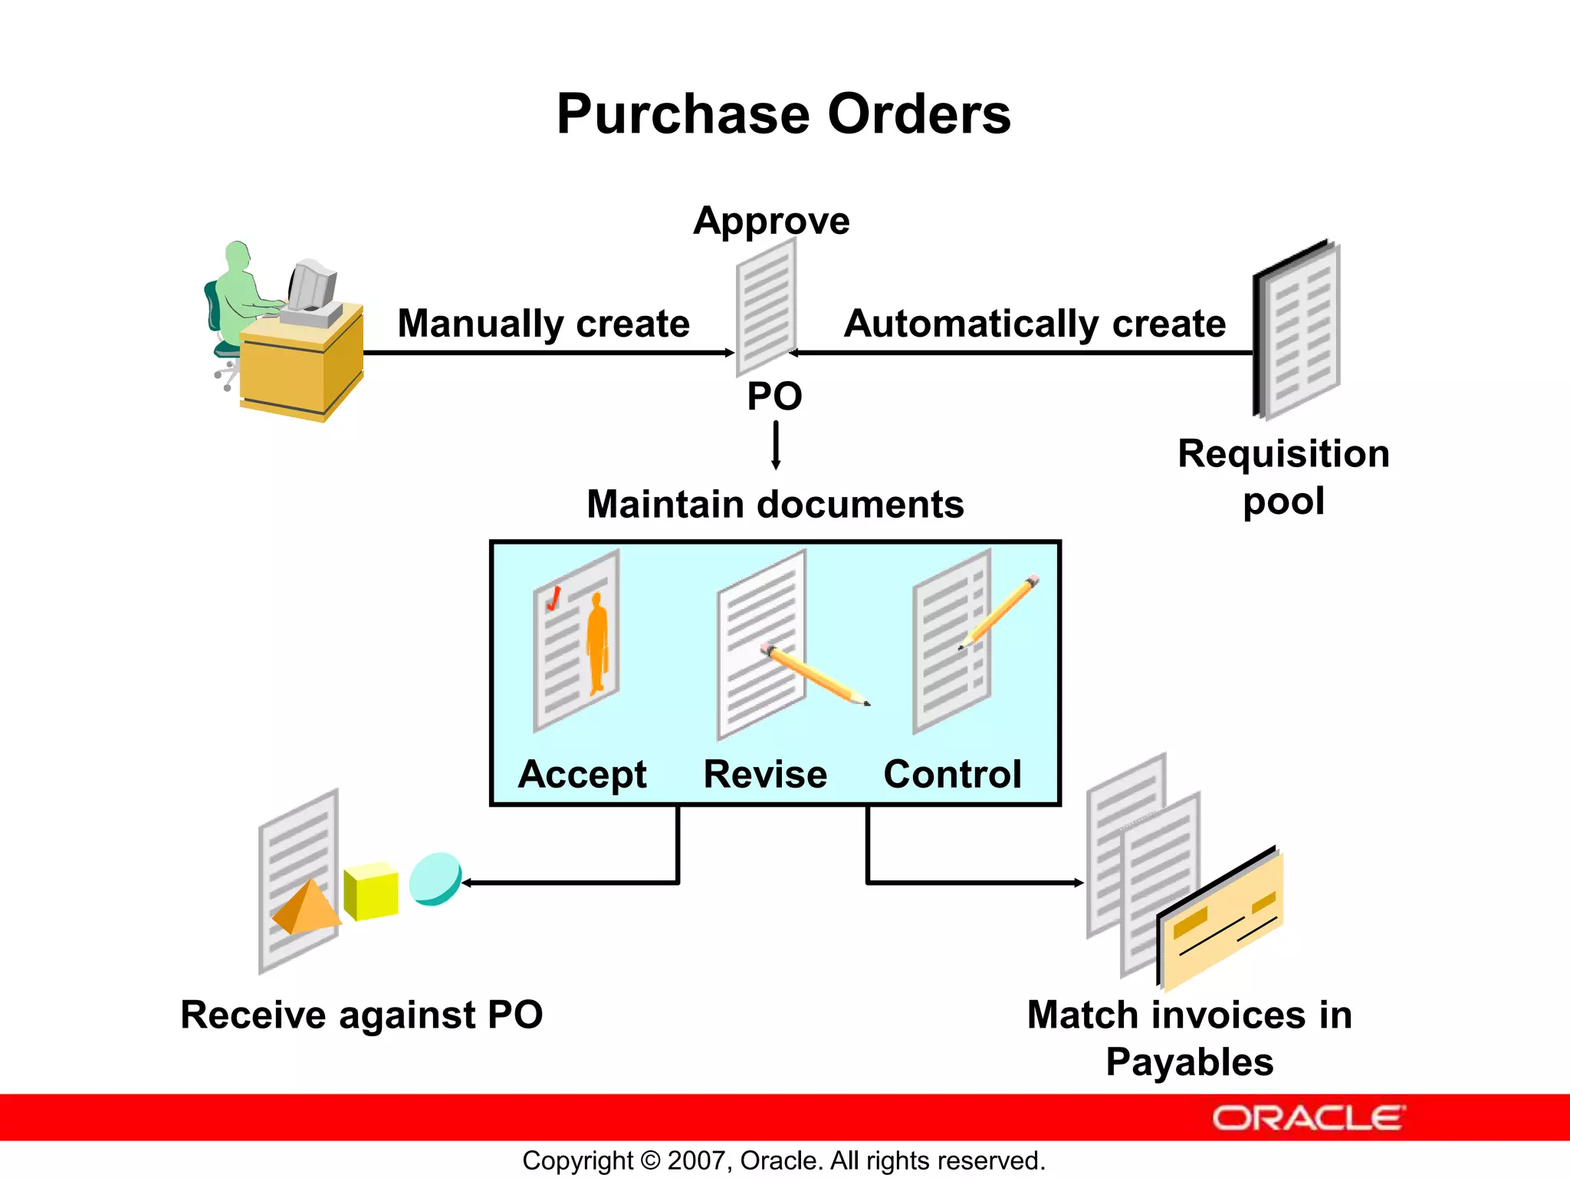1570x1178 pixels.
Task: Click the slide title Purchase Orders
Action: pos(783,114)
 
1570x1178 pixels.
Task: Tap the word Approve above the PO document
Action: pos(771,221)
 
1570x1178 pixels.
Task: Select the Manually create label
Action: pos(544,323)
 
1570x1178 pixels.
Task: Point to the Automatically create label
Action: pos(1034,323)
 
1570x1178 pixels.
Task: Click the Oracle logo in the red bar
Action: pos(1308,1118)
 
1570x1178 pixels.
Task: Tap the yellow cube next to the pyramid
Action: pos(371,891)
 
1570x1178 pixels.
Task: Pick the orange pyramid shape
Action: pos(307,908)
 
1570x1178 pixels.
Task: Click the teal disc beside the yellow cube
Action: pos(435,878)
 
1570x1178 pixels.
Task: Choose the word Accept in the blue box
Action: pos(583,774)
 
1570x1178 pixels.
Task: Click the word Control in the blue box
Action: pos(952,774)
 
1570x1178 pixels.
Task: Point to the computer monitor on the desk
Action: pos(313,285)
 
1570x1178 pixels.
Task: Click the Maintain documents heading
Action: pos(775,505)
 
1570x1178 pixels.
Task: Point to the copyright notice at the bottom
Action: pos(783,1160)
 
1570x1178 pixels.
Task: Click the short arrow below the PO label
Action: pos(776,445)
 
